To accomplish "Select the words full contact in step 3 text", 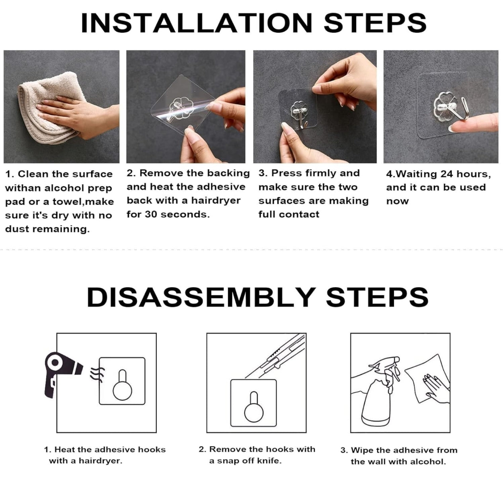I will coord(289,214).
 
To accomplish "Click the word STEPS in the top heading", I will coord(375,23).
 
